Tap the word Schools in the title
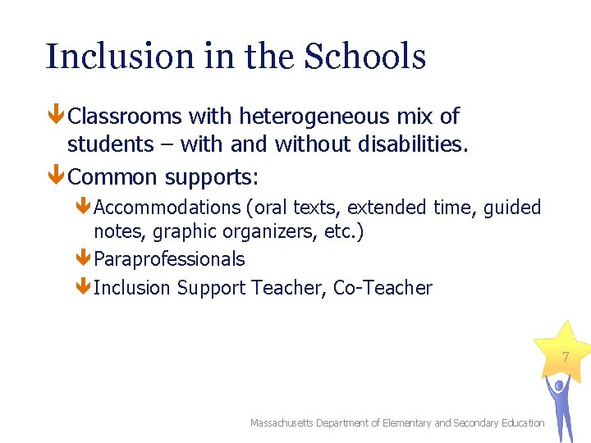pyautogui.click(x=365, y=57)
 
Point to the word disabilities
pyautogui.click(x=414, y=144)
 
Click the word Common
pyautogui.click(x=113, y=176)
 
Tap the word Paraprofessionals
pyautogui.click(x=170, y=259)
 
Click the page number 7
pyautogui.click(x=565, y=357)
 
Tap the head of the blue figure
pyautogui.click(x=560, y=384)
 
